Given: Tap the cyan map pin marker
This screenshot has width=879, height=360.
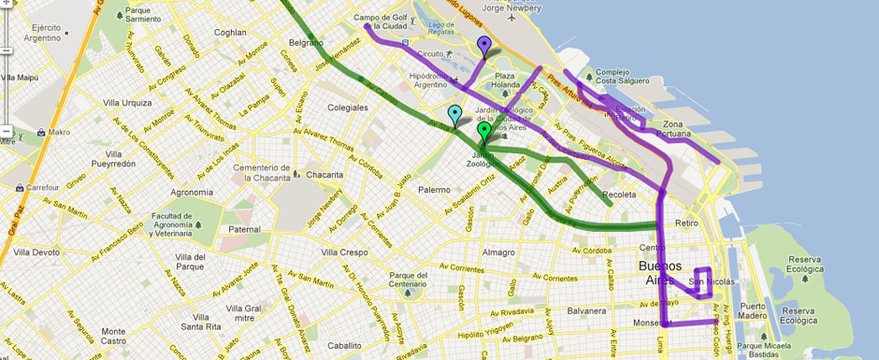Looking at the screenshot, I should (455, 116).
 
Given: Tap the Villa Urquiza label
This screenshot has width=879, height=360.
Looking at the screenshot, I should (127, 102).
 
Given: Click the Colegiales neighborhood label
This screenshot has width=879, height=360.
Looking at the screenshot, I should (348, 108).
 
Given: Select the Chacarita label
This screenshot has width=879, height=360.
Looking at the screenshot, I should (324, 174).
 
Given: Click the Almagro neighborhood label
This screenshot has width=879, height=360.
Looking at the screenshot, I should (497, 252).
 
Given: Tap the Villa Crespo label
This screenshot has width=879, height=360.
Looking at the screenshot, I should (344, 252).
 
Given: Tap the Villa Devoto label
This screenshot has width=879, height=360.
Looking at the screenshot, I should (36, 252).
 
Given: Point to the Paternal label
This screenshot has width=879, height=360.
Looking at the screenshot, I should (244, 229).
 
